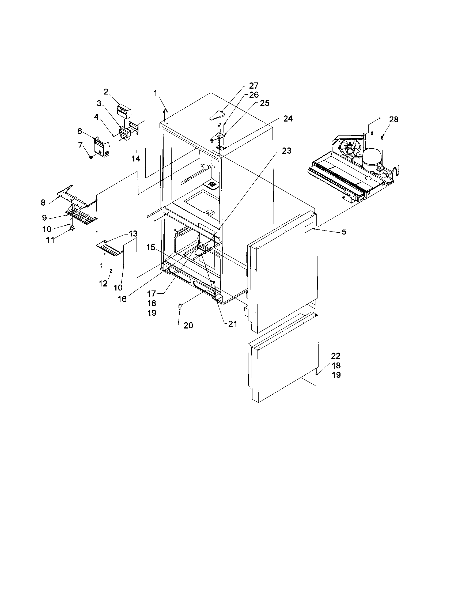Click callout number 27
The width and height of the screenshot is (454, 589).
pos(254,86)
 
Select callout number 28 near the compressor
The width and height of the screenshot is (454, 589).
pos(394,119)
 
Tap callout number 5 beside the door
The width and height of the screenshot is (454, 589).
pos(344,231)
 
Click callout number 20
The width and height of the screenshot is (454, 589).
pos(188,326)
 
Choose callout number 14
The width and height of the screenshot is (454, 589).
pos(136,158)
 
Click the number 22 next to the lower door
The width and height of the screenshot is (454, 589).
pos(336,356)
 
